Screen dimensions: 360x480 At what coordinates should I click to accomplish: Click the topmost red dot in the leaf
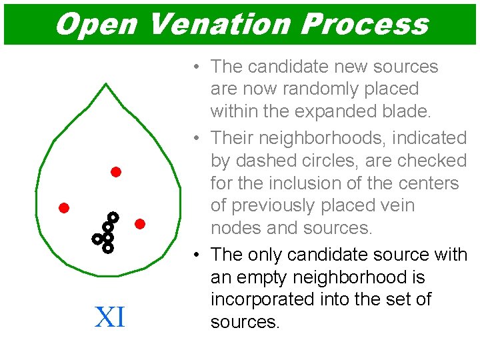[x=115, y=172]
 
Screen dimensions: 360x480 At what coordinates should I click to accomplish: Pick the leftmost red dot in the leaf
[x=64, y=207]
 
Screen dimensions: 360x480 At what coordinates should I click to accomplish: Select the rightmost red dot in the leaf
[x=140, y=224]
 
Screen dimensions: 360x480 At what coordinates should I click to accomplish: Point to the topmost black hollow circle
[x=113, y=217]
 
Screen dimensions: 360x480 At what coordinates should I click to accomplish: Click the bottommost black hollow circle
[x=107, y=248]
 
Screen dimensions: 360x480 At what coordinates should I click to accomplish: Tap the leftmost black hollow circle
[x=97, y=238]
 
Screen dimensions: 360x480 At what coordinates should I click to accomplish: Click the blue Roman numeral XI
[x=110, y=317]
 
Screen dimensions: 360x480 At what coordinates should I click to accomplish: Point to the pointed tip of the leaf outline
[x=106, y=84]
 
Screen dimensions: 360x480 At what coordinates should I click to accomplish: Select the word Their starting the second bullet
[x=231, y=138]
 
